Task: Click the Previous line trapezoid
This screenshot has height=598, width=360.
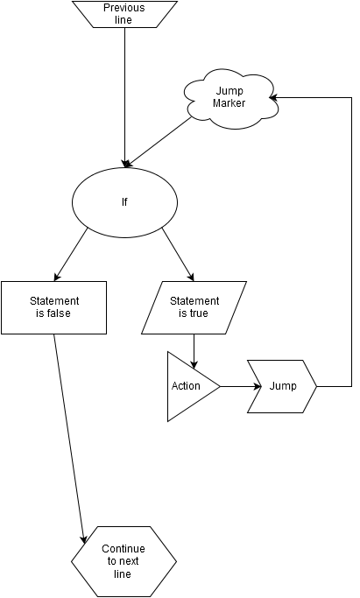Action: tap(124, 14)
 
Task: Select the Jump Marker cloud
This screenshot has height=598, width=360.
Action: tap(230, 98)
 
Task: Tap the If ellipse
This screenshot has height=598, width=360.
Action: tap(124, 202)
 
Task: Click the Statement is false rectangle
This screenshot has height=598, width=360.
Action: tap(53, 308)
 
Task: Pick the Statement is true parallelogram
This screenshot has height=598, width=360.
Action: tap(194, 308)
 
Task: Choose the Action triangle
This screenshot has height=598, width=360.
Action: tap(187, 386)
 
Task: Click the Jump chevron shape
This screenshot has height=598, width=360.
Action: tap(282, 386)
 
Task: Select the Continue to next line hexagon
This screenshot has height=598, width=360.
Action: tap(124, 561)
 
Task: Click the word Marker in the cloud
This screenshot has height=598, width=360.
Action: tap(229, 103)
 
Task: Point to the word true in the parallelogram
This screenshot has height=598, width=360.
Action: tap(199, 313)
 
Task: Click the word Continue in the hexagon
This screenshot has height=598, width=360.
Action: tap(124, 549)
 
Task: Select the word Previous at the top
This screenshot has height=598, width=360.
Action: tap(124, 8)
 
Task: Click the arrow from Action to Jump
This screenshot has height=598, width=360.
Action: tap(241, 386)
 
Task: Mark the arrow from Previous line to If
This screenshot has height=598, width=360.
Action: tap(124, 98)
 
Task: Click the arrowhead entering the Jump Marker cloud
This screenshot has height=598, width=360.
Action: tap(273, 98)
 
